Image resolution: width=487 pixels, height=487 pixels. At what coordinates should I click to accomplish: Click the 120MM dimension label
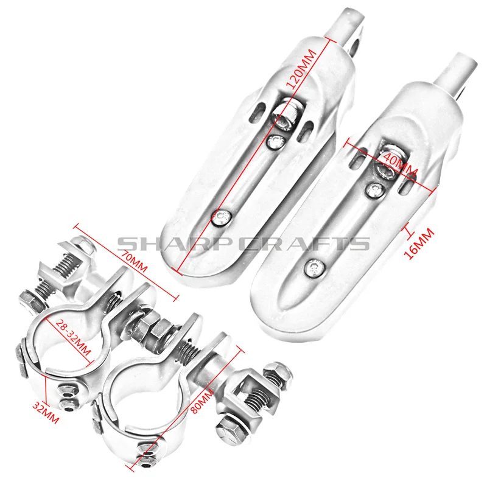click(301, 69)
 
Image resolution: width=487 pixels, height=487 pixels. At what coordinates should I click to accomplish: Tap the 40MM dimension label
click(400, 164)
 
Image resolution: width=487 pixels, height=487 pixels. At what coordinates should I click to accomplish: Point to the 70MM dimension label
click(133, 261)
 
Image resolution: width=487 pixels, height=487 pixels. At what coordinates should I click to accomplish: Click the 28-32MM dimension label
click(74, 337)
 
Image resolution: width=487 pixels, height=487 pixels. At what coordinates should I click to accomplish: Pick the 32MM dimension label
click(46, 413)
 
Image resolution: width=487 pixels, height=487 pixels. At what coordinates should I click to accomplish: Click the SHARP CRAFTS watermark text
click(243, 243)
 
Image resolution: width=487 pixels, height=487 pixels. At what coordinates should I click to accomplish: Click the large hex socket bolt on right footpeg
click(386, 164)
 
